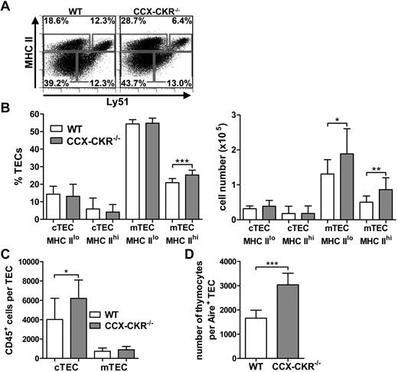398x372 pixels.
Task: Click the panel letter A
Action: [6, 7]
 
